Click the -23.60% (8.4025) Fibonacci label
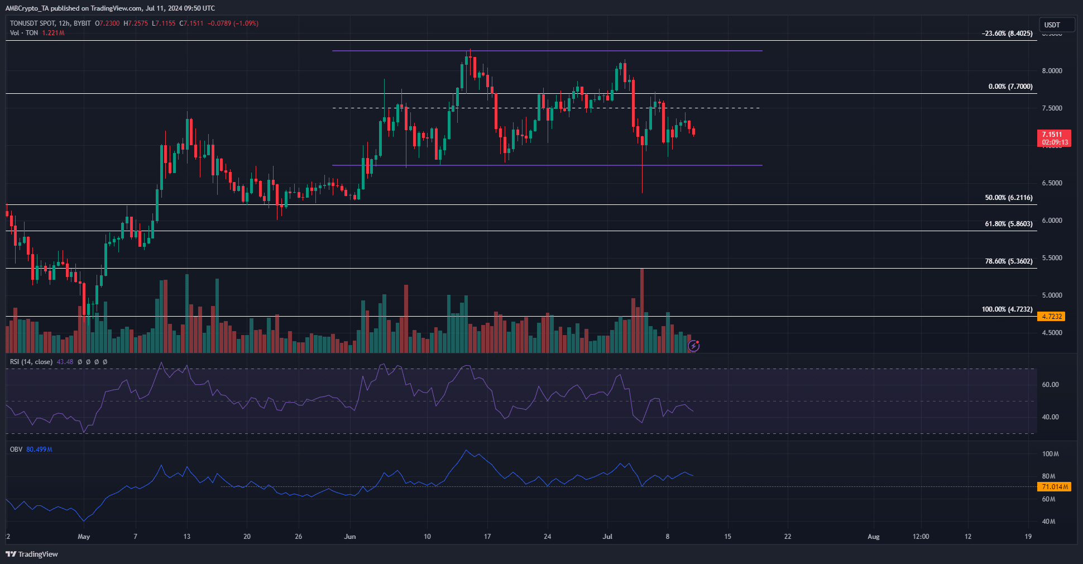coord(1007,34)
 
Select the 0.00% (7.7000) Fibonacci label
coord(1010,87)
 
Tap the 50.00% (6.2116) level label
coord(1008,198)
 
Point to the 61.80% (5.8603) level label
coord(1008,224)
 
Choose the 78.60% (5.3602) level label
coord(1008,261)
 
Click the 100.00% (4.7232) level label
coord(1007,309)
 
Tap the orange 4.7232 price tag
coord(1051,317)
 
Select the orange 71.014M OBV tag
coord(1055,487)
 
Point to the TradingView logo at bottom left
coord(32,554)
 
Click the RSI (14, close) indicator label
coord(31,362)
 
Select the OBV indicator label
coord(16,450)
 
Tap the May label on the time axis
coord(84,537)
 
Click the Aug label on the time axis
coord(873,537)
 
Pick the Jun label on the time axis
coord(350,537)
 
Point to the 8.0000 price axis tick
coord(1052,71)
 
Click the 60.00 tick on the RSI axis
coord(1050,385)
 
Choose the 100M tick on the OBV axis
coord(1050,454)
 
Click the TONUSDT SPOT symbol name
coord(32,23)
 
